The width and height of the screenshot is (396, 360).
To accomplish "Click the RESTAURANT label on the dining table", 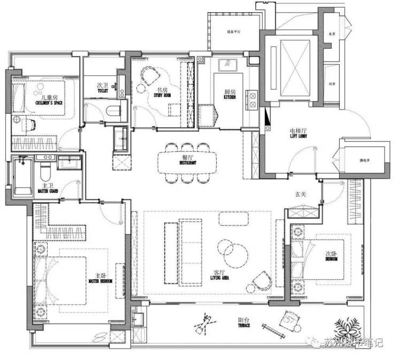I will (x=187, y=162).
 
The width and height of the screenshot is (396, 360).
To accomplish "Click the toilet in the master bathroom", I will (x=45, y=171).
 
